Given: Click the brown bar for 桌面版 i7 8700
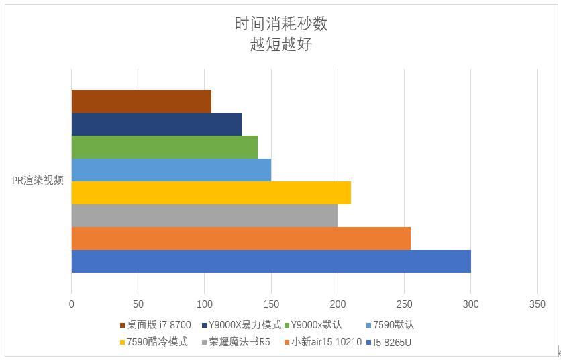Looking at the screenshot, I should [141, 101].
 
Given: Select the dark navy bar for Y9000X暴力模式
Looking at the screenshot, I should [156, 124].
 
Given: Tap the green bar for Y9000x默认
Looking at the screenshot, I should [164, 147].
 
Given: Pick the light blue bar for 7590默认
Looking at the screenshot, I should [170, 170].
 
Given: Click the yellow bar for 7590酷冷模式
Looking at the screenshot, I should [211, 193].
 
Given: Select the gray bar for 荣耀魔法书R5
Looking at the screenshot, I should [204, 216].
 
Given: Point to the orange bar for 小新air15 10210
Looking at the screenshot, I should [240, 238].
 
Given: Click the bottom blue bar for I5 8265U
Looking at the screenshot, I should [270, 261].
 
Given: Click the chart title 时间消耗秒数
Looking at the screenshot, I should [280, 24].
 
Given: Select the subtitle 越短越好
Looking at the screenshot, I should [280, 45].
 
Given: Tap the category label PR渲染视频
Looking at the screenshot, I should [38, 180].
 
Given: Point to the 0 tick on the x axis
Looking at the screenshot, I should [72, 304].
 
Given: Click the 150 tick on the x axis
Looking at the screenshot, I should [271, 304].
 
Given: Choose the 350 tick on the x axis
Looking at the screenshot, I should [537, 304].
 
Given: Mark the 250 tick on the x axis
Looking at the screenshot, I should [404, 304].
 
